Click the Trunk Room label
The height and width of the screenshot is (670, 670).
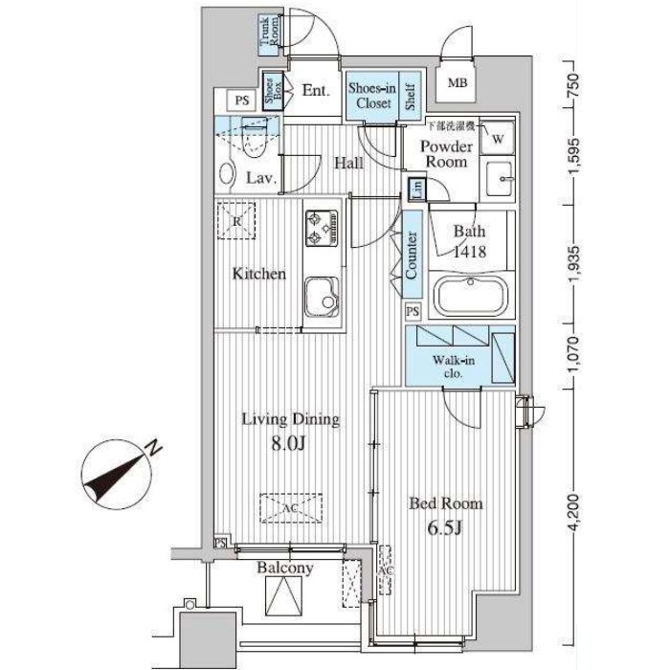pos(269,33)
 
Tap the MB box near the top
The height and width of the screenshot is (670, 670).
pos(458,83)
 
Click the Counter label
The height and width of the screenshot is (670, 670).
pos(411,256)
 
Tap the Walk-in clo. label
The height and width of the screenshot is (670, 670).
pos(447,368)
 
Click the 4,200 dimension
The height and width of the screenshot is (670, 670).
pos(574,514)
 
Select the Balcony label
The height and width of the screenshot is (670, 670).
pos(284,568)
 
